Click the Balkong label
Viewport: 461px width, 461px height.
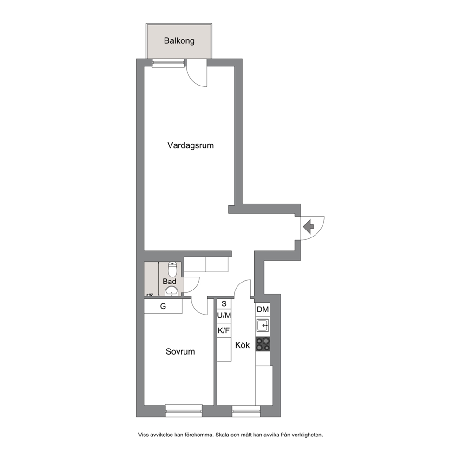coord(179,40)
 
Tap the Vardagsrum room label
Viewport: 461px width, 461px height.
coord(191,145)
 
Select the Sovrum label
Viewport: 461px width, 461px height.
coord(180,351)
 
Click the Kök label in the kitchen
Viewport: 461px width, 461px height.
coord(242,345)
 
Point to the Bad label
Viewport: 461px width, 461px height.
coord(169,281)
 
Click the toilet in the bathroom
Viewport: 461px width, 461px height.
coord(172,269)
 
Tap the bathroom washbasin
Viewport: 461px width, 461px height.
coord(171,292)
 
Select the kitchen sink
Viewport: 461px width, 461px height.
coord(263,325)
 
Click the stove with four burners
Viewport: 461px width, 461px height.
coord(263,344)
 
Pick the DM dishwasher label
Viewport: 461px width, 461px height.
coord(263,310)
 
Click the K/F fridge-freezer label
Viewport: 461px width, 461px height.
coord(224,330)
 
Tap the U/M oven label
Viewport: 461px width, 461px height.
coord(224,316)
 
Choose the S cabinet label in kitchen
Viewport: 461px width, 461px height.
coord(224,304)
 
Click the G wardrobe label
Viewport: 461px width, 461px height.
coord(163,306)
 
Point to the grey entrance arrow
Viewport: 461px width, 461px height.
coord(309,227)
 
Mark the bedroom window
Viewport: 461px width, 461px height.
coord(184,410)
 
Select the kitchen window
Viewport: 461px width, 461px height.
coord(246,411)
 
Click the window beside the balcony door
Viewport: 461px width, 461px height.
coord(169,63)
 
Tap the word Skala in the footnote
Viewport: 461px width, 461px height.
coord(223,435)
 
